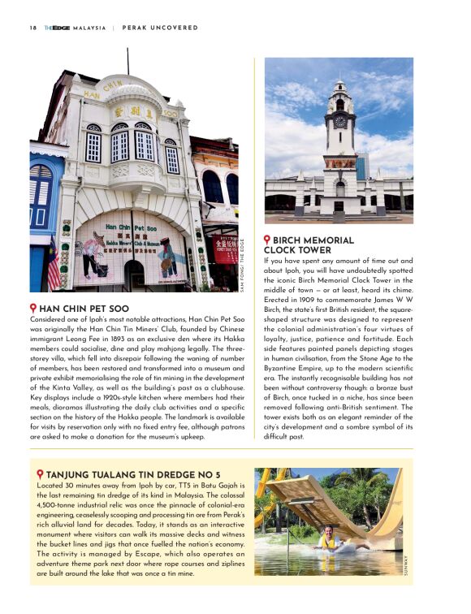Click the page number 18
click(x=32, y=27)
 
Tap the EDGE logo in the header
click(x=56, y=27)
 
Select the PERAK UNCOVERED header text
click(x=160, y=27)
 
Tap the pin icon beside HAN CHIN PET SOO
click(x=33, y=309)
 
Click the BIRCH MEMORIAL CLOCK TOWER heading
click(x=313, y=245)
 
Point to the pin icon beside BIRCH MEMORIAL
click(x=268, y=240)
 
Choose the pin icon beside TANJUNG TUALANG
click(x=40, y=474)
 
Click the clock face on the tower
click(x=339, y=122)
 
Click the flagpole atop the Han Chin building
click(x=127, y=61)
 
